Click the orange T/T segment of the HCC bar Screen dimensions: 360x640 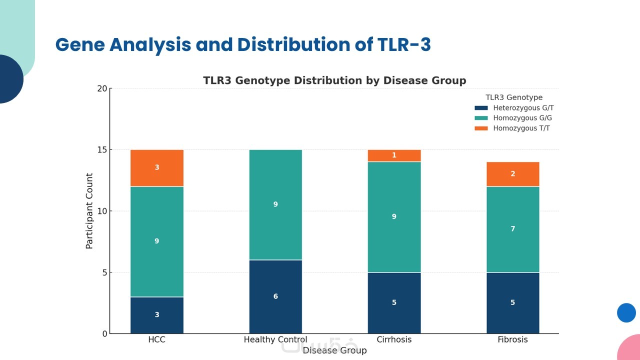coord(156,168)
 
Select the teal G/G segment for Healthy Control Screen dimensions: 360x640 coord(275,204)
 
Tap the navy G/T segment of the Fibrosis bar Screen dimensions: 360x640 coord(512,302)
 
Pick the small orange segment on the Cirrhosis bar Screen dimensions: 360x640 coord(394,155)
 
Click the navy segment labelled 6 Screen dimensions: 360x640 coord(275,296)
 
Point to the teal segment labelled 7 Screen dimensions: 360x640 coord(512,229)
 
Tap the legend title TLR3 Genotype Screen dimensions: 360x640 coord(514,97)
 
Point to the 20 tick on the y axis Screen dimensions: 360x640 coord(102,89)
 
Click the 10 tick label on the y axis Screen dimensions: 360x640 coord(102,211)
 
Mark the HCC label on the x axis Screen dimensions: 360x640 coord(156,340)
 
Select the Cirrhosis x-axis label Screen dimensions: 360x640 coord(394,340)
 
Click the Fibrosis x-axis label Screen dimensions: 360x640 coord(512,340)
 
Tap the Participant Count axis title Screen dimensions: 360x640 coord(89,211)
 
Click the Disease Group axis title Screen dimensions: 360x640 coord(334,350)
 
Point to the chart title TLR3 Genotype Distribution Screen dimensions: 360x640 coord(334,80)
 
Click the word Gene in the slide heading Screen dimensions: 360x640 coord(79,45)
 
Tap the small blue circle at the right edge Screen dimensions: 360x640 coord(626,313)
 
